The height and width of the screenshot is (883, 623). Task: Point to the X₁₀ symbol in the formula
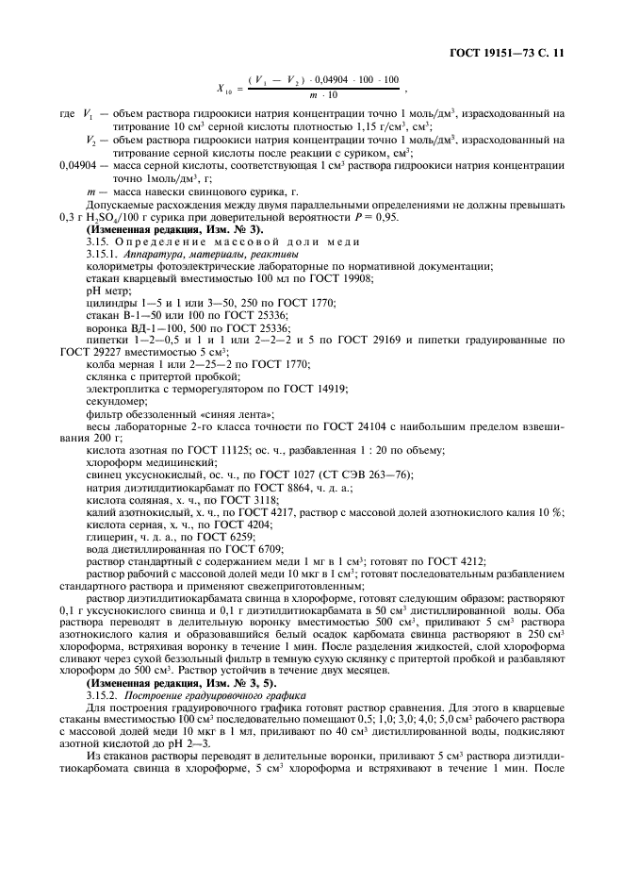[226, 90]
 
